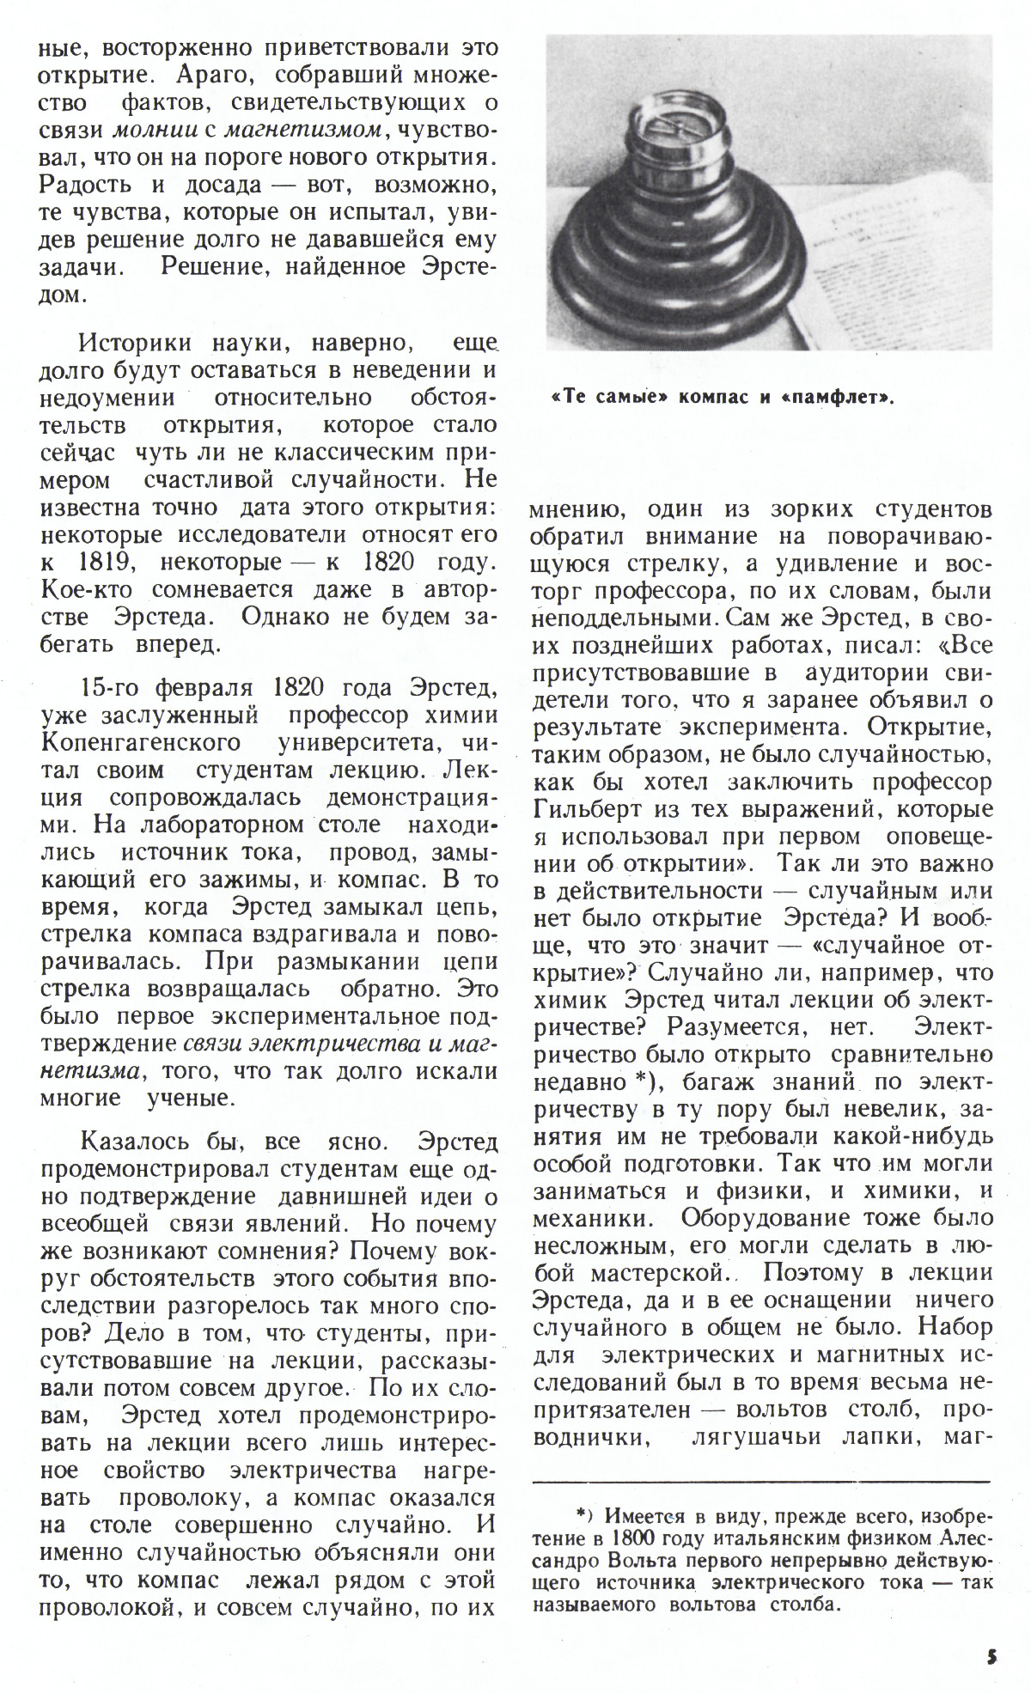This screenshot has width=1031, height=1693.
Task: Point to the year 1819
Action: click(x=104, y=563)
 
